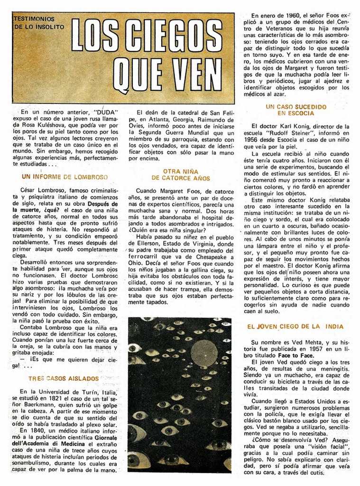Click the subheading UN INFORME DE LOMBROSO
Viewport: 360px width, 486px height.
click(x=65, y=177)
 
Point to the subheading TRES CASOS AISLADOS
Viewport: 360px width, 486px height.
click(x=64, y=379)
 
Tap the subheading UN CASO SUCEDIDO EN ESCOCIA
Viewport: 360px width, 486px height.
click(x=295, y=110)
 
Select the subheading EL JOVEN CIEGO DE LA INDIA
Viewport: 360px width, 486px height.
click(x=295, y=327)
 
